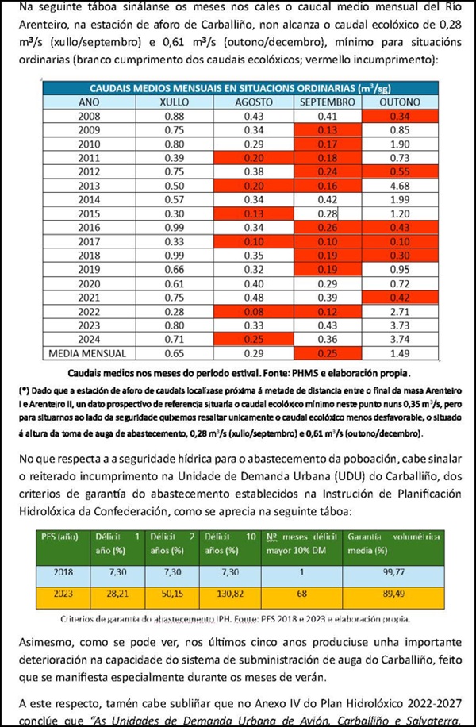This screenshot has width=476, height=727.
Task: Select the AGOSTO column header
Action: tap(253, 102)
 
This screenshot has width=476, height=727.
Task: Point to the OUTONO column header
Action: tap(399, 102)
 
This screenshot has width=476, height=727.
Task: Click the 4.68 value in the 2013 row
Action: tap(399, 185)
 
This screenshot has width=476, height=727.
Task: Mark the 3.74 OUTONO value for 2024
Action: tap(399, 337)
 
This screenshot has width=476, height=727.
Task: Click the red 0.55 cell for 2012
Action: tap(399, 171)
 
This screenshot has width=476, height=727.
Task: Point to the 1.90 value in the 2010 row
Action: tap(399, 144)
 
